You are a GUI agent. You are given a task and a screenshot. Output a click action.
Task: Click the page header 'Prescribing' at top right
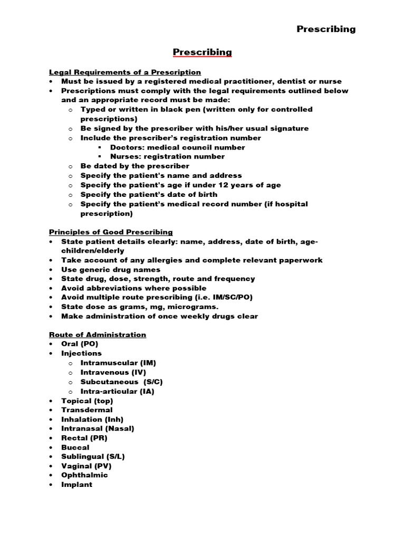click(x=326, y=29)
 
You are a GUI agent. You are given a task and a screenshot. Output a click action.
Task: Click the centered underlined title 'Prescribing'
click(x=202, y=52)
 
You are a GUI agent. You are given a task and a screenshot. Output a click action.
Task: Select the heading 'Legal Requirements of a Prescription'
click(x=125, y=72)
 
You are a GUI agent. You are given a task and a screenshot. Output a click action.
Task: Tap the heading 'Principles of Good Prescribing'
click(x=111, y=232)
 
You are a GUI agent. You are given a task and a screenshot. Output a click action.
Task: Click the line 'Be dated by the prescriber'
click(x=134, y=166)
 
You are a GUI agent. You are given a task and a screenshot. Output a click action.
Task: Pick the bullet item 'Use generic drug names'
click(x=111, y=269)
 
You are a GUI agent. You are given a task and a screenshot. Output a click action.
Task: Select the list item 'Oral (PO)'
click(x=80, y=344)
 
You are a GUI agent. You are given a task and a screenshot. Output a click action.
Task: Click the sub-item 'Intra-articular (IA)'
click(x=118, y=392)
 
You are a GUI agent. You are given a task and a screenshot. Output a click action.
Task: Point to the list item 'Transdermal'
click(x=86, y=410)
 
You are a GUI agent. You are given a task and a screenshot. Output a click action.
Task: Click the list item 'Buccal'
click(x=75, y=447)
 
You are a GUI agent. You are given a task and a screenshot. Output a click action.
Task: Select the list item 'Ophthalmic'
click(x=84, y=475)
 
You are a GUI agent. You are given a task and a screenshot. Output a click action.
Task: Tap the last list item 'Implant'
click(x=76, y=485)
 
